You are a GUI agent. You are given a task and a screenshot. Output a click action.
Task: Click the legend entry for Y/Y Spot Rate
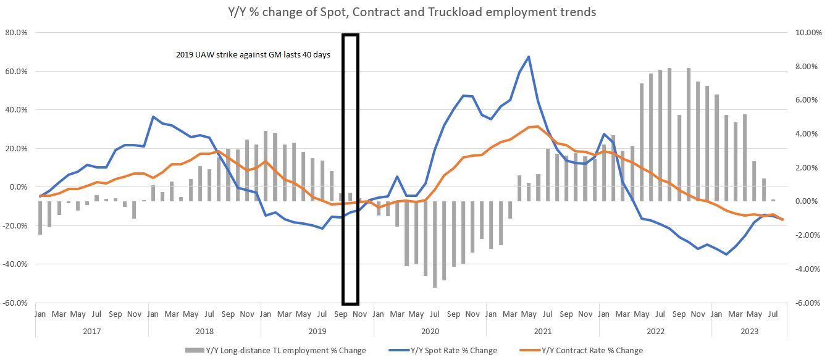click(453, 351)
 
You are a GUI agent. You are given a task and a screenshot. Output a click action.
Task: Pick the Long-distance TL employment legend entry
click(275, 351)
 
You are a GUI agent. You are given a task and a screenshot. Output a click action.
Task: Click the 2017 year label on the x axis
click(91, 330)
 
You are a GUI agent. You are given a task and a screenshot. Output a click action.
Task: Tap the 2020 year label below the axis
click(430, 330)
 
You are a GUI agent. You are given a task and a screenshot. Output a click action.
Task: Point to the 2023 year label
click(748, 330)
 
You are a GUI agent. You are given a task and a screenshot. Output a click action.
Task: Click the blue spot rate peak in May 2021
click(529, 57)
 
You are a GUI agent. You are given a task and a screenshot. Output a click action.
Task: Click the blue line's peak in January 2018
click(153, 117)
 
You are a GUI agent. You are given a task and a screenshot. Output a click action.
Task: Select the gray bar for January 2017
click(40, 217)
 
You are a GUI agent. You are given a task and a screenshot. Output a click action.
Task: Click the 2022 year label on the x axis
click(655, 330)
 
